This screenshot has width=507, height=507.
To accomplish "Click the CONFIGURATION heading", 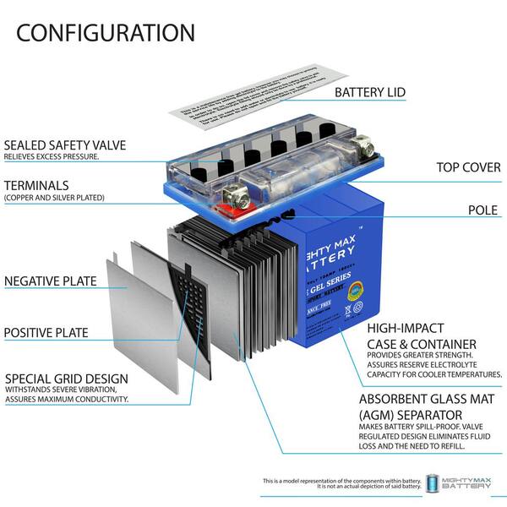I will pos(106,33).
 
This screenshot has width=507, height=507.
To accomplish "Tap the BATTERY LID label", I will pos(382,92).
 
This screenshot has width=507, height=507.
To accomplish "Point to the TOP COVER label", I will pos(468,166).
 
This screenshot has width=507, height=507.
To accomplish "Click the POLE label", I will pos(484,210).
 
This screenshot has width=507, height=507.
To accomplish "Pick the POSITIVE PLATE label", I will pos(47,332).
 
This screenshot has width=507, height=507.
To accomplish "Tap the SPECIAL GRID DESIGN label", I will pos(67,378).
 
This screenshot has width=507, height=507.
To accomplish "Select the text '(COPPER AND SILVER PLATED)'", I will pos(54,198).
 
